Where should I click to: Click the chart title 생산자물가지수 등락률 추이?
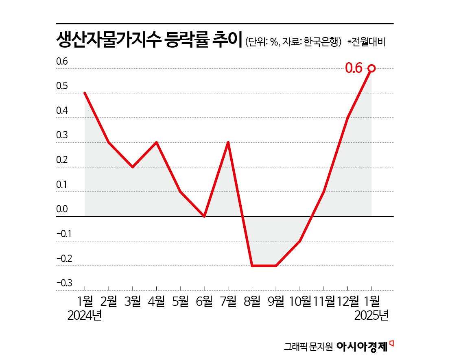(149, 41)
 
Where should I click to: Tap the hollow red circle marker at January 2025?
(371, 68)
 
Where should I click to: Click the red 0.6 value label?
(354, 68)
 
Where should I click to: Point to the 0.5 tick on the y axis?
(62, 87)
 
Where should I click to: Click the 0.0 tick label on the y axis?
(62, 209)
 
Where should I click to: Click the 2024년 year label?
(85, 315)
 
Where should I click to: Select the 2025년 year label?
(371, 315)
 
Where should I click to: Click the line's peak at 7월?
(228, 142)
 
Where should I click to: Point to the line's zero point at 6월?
(204, 216)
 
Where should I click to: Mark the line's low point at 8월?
(252, 266)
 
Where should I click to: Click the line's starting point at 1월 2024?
(85, 93)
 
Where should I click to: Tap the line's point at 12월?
(348, 118)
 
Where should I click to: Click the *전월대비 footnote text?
(366, 42)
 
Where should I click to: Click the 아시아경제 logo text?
(362, 346)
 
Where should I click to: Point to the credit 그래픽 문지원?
(309, 347)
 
